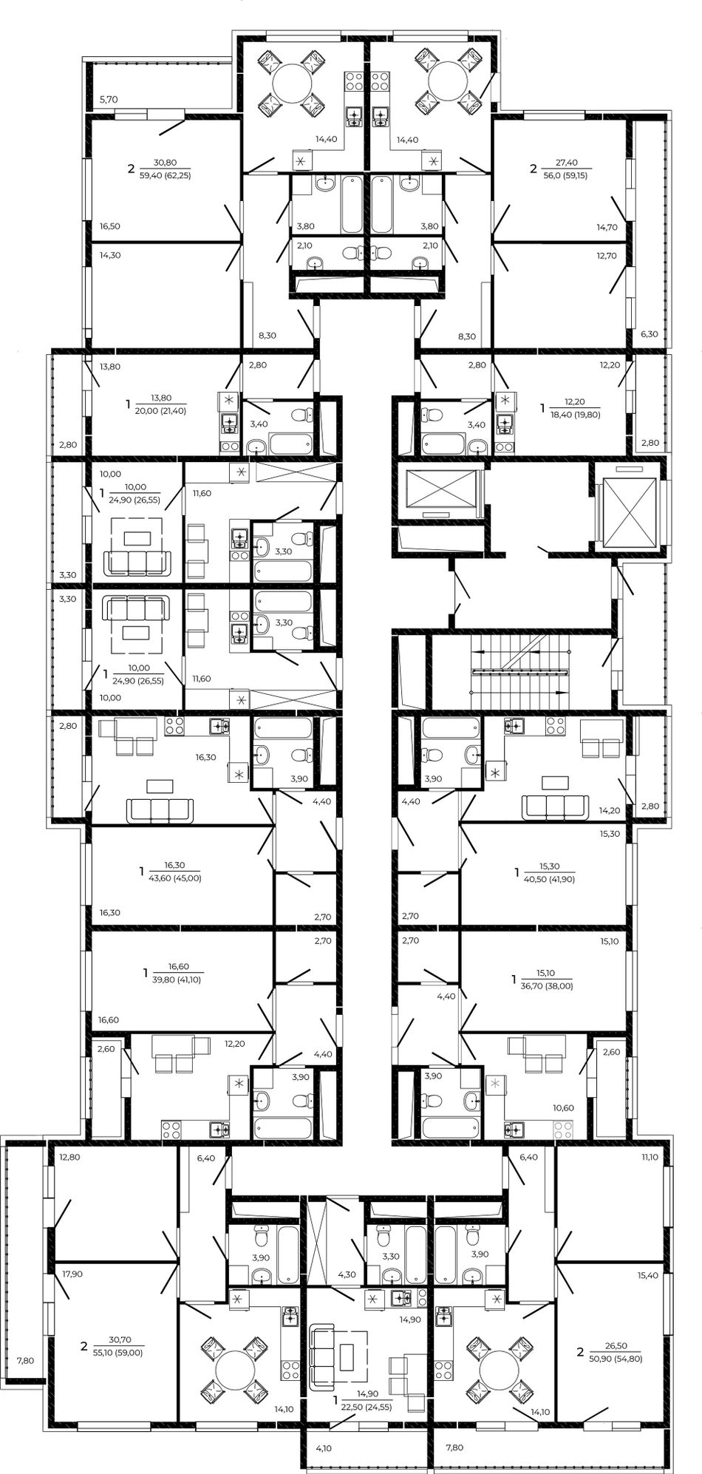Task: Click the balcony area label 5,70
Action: click(109, 99)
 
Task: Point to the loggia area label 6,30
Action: click(649, 334)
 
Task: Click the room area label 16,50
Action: click(110, 227)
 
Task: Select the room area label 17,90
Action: click(72, 1274)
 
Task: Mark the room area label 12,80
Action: click(69, 1158)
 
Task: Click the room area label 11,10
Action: click(650, 1158)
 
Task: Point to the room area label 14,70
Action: click(607, 228)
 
